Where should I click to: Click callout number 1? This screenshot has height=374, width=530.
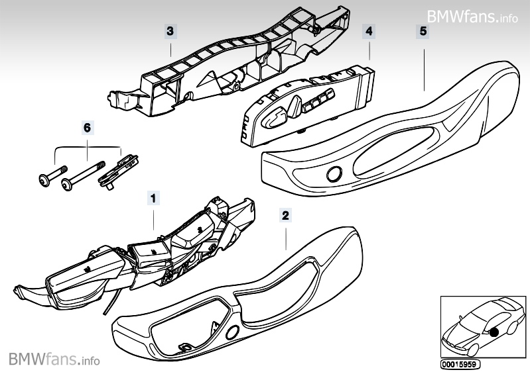(x=153, y=197)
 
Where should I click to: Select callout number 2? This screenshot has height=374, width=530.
(x=285, y=215)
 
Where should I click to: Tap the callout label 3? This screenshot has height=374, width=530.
(x=170, y=30)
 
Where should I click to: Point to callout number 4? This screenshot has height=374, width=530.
(x=369, y=30)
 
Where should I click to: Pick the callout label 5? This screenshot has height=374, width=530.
(x=423, y=30)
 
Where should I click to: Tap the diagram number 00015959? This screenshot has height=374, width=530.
(x=460, y=364)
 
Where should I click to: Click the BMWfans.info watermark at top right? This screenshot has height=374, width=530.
(x=472, y=16)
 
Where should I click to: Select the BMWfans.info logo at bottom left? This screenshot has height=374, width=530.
(x=54, y=359)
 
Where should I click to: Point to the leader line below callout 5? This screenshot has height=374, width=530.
(x=423, y=63)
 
